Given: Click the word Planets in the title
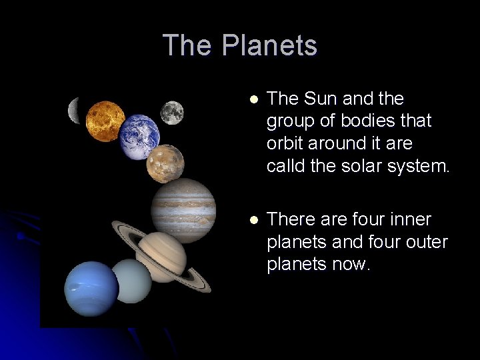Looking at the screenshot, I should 269,45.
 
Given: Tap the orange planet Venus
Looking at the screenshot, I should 105,121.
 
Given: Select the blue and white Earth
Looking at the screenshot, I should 140,137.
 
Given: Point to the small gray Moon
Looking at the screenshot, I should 172,112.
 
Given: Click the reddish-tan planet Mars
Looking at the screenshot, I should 165,164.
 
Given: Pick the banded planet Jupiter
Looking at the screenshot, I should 183,210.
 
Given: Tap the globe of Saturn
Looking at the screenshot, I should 162,257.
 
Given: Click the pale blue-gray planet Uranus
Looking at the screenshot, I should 132,281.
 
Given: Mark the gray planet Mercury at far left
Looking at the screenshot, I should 74,111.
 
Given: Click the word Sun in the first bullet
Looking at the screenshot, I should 319,99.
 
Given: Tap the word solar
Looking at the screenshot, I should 362,165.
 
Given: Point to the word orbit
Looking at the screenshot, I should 285,143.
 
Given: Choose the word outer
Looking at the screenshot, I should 428,241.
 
